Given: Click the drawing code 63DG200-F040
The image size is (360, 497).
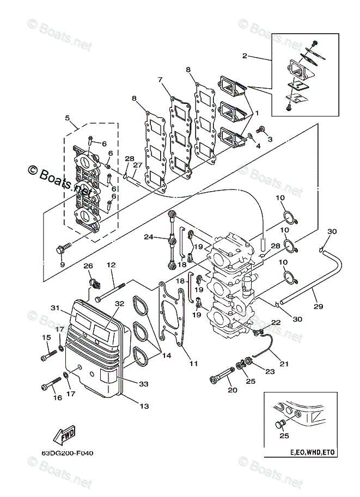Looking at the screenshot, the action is point(67,453).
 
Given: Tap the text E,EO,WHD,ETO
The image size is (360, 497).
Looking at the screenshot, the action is point(313,452).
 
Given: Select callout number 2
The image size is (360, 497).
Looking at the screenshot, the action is point(245,56).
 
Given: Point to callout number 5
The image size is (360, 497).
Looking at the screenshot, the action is point(67,118).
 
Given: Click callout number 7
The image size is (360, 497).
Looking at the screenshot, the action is point(160,79).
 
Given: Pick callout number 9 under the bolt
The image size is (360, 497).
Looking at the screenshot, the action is point(62,265).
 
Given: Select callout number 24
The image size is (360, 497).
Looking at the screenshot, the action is point(149,237).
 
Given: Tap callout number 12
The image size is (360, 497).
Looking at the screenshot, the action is point(111,265).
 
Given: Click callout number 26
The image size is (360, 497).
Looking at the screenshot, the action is point(88,266).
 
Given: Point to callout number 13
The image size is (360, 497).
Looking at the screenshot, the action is point(144,406).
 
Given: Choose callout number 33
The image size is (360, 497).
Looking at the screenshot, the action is point(144,384).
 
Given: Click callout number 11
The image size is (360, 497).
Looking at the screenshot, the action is point(193,364).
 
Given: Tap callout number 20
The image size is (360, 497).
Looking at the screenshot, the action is point(233,390).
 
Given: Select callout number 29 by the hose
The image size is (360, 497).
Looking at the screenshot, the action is point(318,306).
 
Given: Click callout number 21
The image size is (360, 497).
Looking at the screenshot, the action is point(284,364).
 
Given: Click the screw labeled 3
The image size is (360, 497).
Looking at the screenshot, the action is point(260,130).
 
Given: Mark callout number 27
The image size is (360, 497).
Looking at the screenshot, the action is point(137,165).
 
